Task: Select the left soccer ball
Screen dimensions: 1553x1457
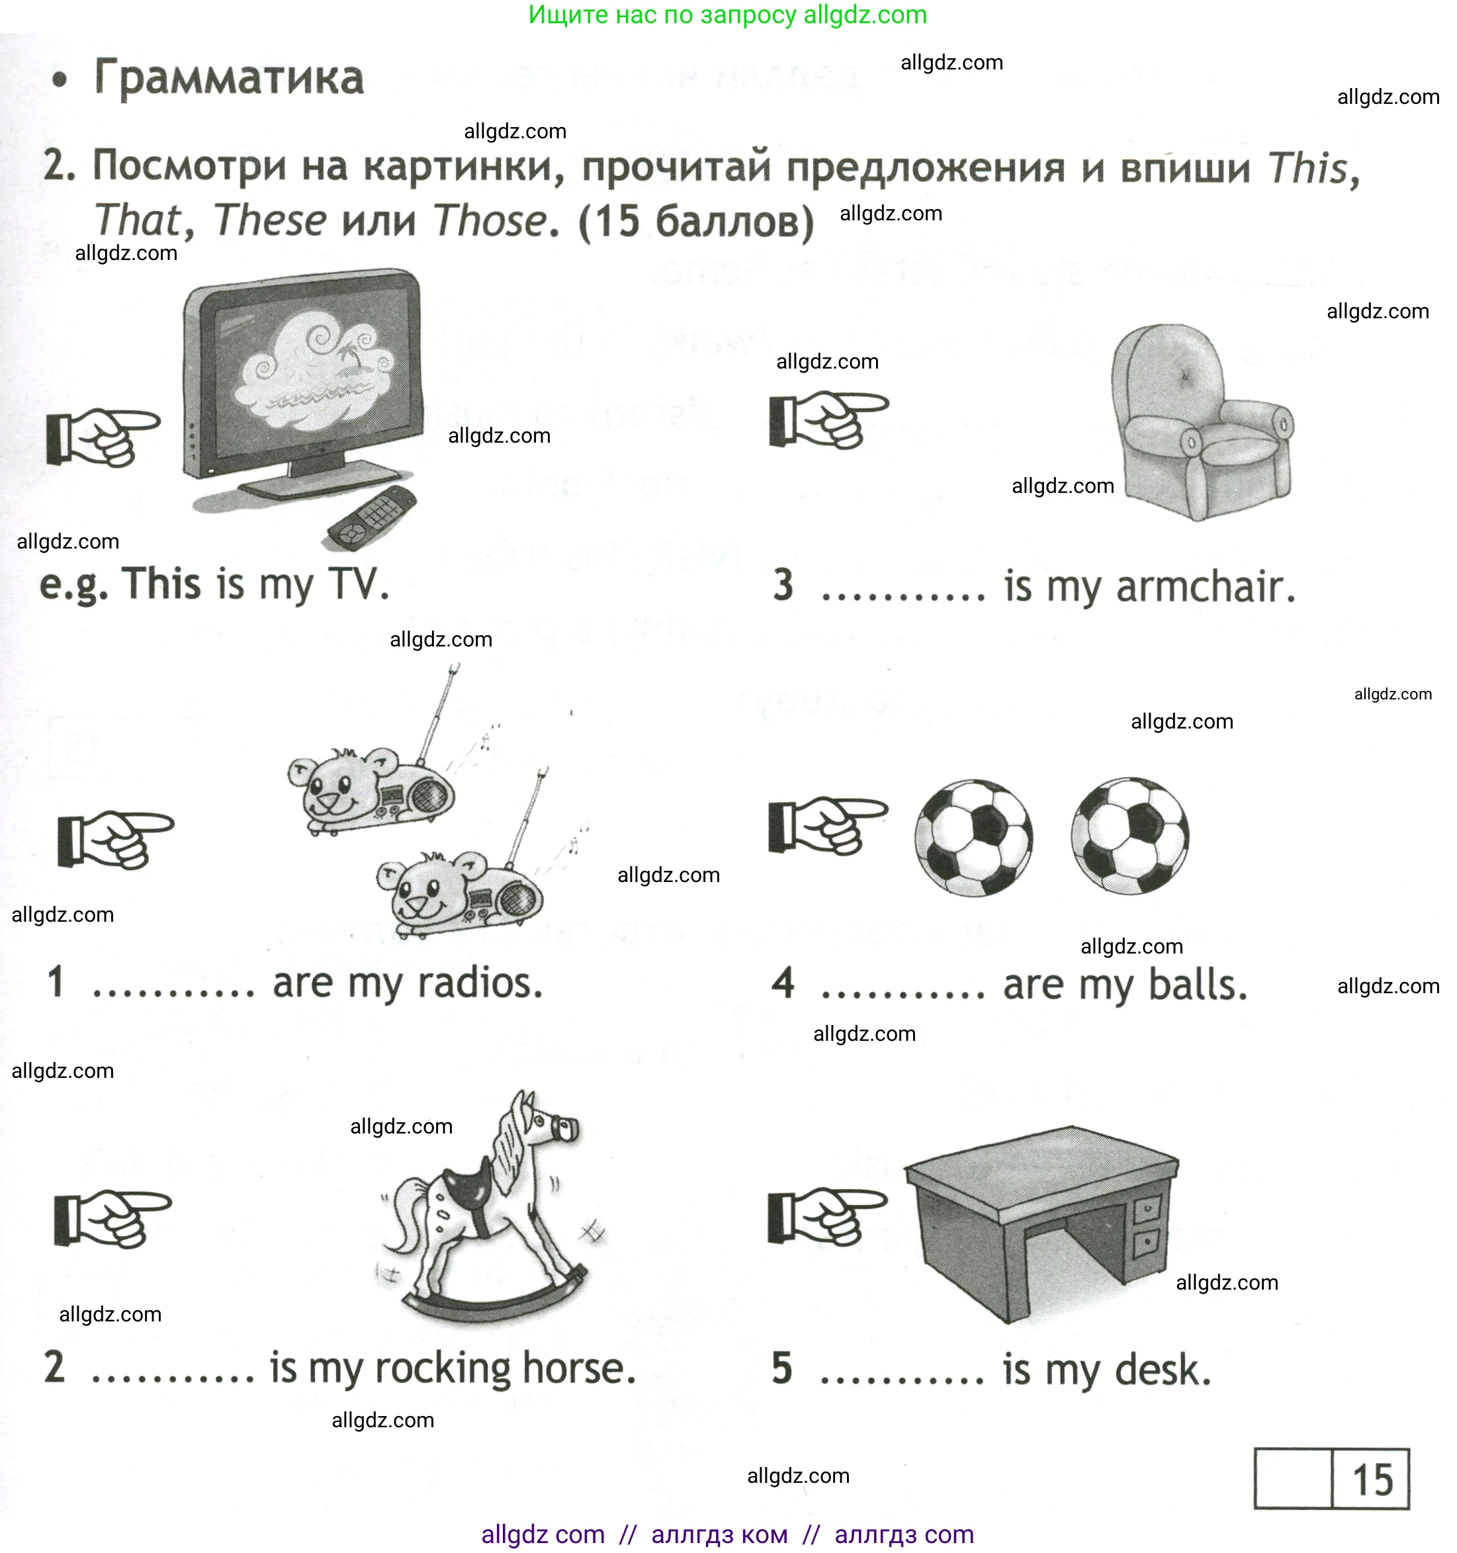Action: [x=973, y=838]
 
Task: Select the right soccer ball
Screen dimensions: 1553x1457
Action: [x=1129, y=836]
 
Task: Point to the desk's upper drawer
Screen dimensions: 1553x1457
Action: [x=1145, y=1208]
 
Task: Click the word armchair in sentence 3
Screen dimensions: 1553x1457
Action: [x=1205, y=587]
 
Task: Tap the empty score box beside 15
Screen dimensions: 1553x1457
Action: [x=1292, y=1478]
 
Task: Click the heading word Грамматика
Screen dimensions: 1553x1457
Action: [x=228, y=78]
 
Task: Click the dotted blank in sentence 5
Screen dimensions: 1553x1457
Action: [x=903, y=1380]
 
